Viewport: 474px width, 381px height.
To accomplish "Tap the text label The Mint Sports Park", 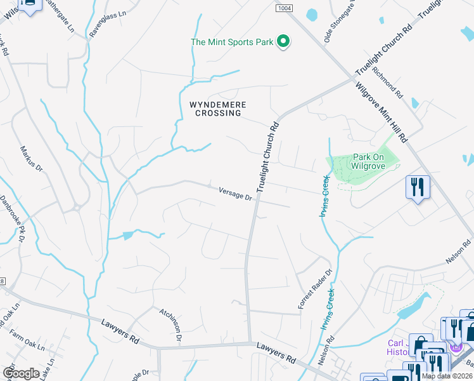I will pos(232,43).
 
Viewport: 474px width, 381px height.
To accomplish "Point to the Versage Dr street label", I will pos(235,193).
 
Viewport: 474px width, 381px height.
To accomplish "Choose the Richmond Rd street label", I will pos(387,82).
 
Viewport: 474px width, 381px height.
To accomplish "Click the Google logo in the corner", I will pos(21,373).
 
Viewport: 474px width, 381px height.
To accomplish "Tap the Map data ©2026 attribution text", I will pos(447,376).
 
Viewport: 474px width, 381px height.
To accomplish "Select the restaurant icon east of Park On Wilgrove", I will pos(418,187).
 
